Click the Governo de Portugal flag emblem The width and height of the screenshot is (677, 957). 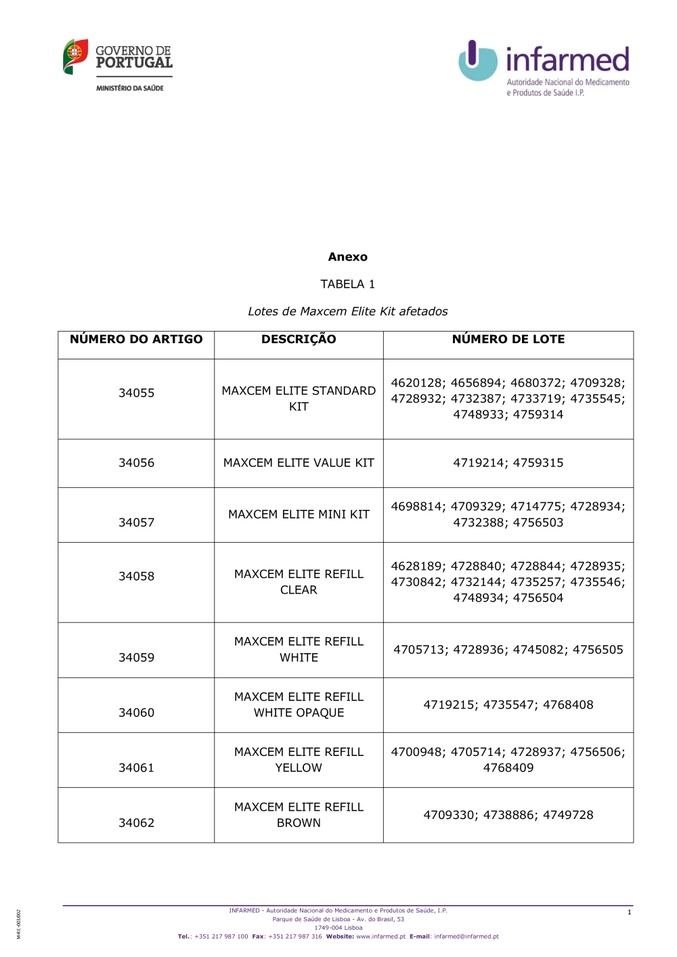click(x=75, y=56)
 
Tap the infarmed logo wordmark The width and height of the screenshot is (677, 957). click(x=567, y=60)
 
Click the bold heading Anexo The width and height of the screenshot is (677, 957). click(x=347, y=257)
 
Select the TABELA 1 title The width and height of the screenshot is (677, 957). click(x=347, y=284)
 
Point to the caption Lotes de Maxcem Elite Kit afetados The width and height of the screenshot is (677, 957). click(x=347, y=311)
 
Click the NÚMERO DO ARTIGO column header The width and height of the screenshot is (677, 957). click(x=136, y=339)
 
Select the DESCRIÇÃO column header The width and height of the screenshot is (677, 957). click(x=299, y=339)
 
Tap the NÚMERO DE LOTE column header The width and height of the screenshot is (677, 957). click(x=508, y=339)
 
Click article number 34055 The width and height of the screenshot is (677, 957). click(x=136, y=393)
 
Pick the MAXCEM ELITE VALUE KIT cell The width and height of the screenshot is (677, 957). click(x=299, y=463)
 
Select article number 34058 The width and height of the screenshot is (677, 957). click(x=136, y=577)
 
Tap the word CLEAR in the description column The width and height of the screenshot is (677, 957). click(x=299, y=590)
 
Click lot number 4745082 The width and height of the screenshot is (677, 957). click(x=538, y=650)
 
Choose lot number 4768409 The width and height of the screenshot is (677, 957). click(x=508, y=768)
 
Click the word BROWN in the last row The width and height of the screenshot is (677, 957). click(x=299, y=823)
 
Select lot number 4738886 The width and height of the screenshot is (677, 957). click(x=508, y=815)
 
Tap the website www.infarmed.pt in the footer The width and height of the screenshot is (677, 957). click(x=380, y=937)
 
